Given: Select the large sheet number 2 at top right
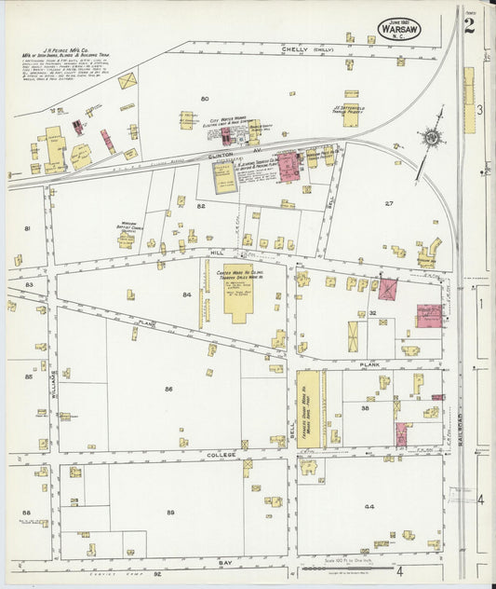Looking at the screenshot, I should [x=469, y=24].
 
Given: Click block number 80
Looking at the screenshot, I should [x=204, y=98].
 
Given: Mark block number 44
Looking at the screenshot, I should [x=369, y=506].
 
